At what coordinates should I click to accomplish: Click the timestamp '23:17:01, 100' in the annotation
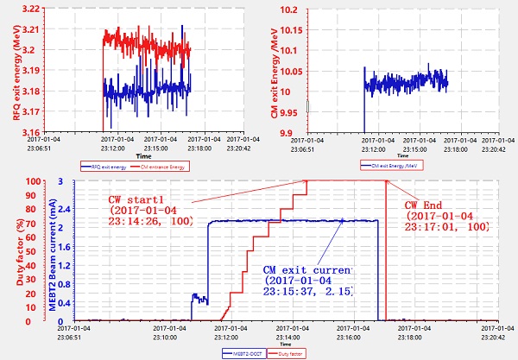coord(453,226)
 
